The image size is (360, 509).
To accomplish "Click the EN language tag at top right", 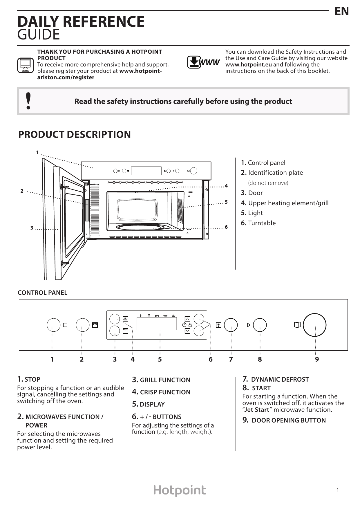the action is click(x=341, y=11).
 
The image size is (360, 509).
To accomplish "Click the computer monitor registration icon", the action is click(x=26, y=65).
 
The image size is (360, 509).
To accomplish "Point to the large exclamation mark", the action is click(x=28, y=101).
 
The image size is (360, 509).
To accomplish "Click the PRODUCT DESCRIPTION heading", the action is click(x=75, y=134).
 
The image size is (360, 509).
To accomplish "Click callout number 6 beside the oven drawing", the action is click(x=226, y=227).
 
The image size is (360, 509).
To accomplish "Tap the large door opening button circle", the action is click(x=314, y=325).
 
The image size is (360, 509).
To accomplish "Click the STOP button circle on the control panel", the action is click(x=54, y=325).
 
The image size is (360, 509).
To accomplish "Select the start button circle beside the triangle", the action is click(x=260, y=325).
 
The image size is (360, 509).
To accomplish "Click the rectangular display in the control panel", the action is click(x=157, y=323).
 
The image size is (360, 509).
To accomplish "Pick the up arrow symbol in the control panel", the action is click(x=187, y=319).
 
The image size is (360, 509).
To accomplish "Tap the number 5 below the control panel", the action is click(x=160, y=359).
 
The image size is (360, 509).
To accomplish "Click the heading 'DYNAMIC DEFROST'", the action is click(x=280, y=379).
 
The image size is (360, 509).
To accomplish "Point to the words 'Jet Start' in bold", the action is click(x=257, y=410).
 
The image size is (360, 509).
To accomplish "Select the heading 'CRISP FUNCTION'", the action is click(x=165, y=392).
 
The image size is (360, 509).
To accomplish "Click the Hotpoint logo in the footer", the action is click(x=180, y=490).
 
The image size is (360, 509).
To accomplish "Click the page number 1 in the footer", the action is click(x=338, y=490).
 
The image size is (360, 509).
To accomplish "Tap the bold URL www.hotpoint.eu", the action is click(x=249, y=64).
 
